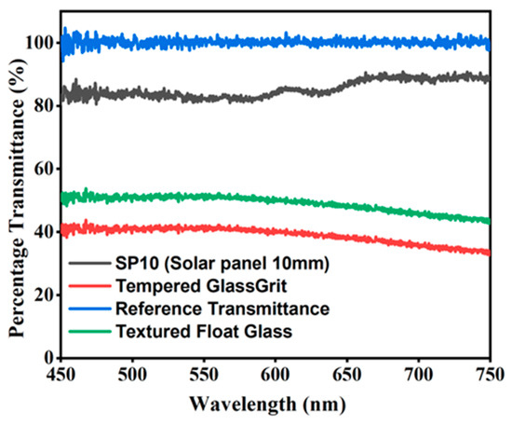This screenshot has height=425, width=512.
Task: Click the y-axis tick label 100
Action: click(x=36, y=43)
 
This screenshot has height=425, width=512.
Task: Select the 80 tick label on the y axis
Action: click(x=41, y=105)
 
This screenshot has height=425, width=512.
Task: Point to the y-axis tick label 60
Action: click(x=41, y=169)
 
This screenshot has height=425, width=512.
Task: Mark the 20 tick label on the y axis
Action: click(x=41, y=295)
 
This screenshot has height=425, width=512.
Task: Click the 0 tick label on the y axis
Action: click(x=45, y=357)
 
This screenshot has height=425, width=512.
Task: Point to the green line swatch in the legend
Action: click(x=90, y=328)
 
